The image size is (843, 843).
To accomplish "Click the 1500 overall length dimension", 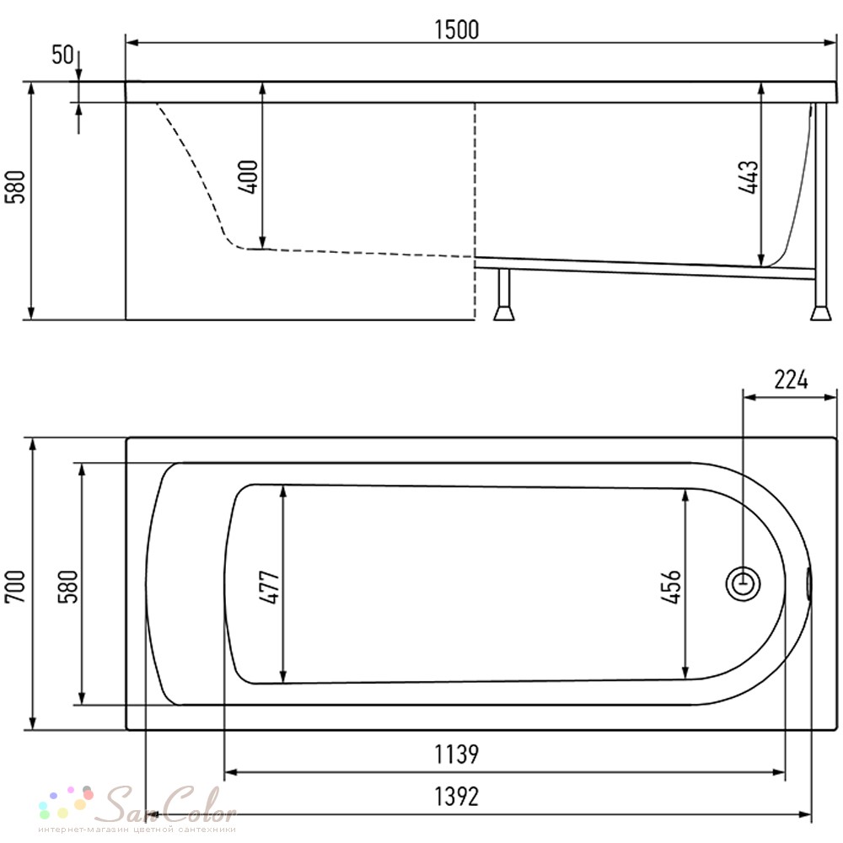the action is point(456,30).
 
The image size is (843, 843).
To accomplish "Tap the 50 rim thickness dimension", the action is point(62,54).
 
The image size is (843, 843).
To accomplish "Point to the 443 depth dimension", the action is point(749,177).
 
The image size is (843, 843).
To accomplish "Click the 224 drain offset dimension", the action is point(791,379).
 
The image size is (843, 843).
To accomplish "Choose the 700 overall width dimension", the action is point(15,586).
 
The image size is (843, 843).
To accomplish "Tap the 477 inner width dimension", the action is point(271,587).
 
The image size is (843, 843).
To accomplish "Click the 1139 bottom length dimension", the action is point(456,754).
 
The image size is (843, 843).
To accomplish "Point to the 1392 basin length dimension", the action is point(456,797).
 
